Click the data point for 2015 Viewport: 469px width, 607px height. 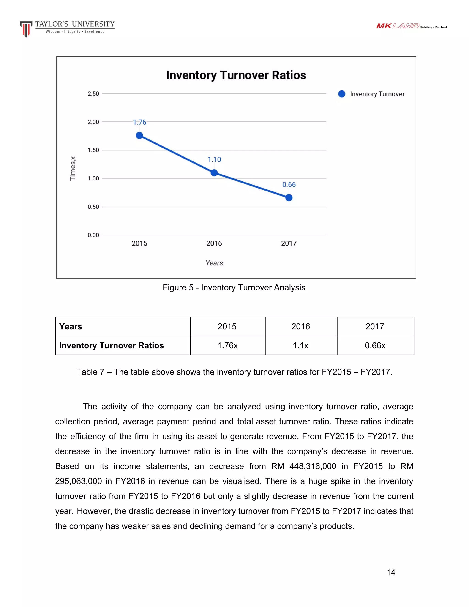pos(139,135)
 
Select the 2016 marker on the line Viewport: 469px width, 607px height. pos(214,173)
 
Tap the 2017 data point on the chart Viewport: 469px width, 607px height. pos(289,198)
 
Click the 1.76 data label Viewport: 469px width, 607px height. pos(139,122)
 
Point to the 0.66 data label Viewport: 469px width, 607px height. pos(289,185)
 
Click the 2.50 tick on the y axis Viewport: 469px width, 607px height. pos(93,94)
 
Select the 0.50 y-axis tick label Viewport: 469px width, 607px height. pos(93,207)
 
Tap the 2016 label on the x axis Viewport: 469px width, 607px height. pos(214,243)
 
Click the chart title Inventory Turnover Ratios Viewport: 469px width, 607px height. pos(236,75)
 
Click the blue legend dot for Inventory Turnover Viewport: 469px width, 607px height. pos(341,94)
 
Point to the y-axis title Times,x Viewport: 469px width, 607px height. pos(73,168)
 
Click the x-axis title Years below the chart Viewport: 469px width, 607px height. pos(214,263)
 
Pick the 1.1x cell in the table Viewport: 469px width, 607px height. pos(301,345)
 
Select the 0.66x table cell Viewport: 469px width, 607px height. pos(375,345)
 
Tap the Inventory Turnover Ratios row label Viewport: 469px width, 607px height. pos(112,345)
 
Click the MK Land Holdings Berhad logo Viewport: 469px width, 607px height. pos(411,26)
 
